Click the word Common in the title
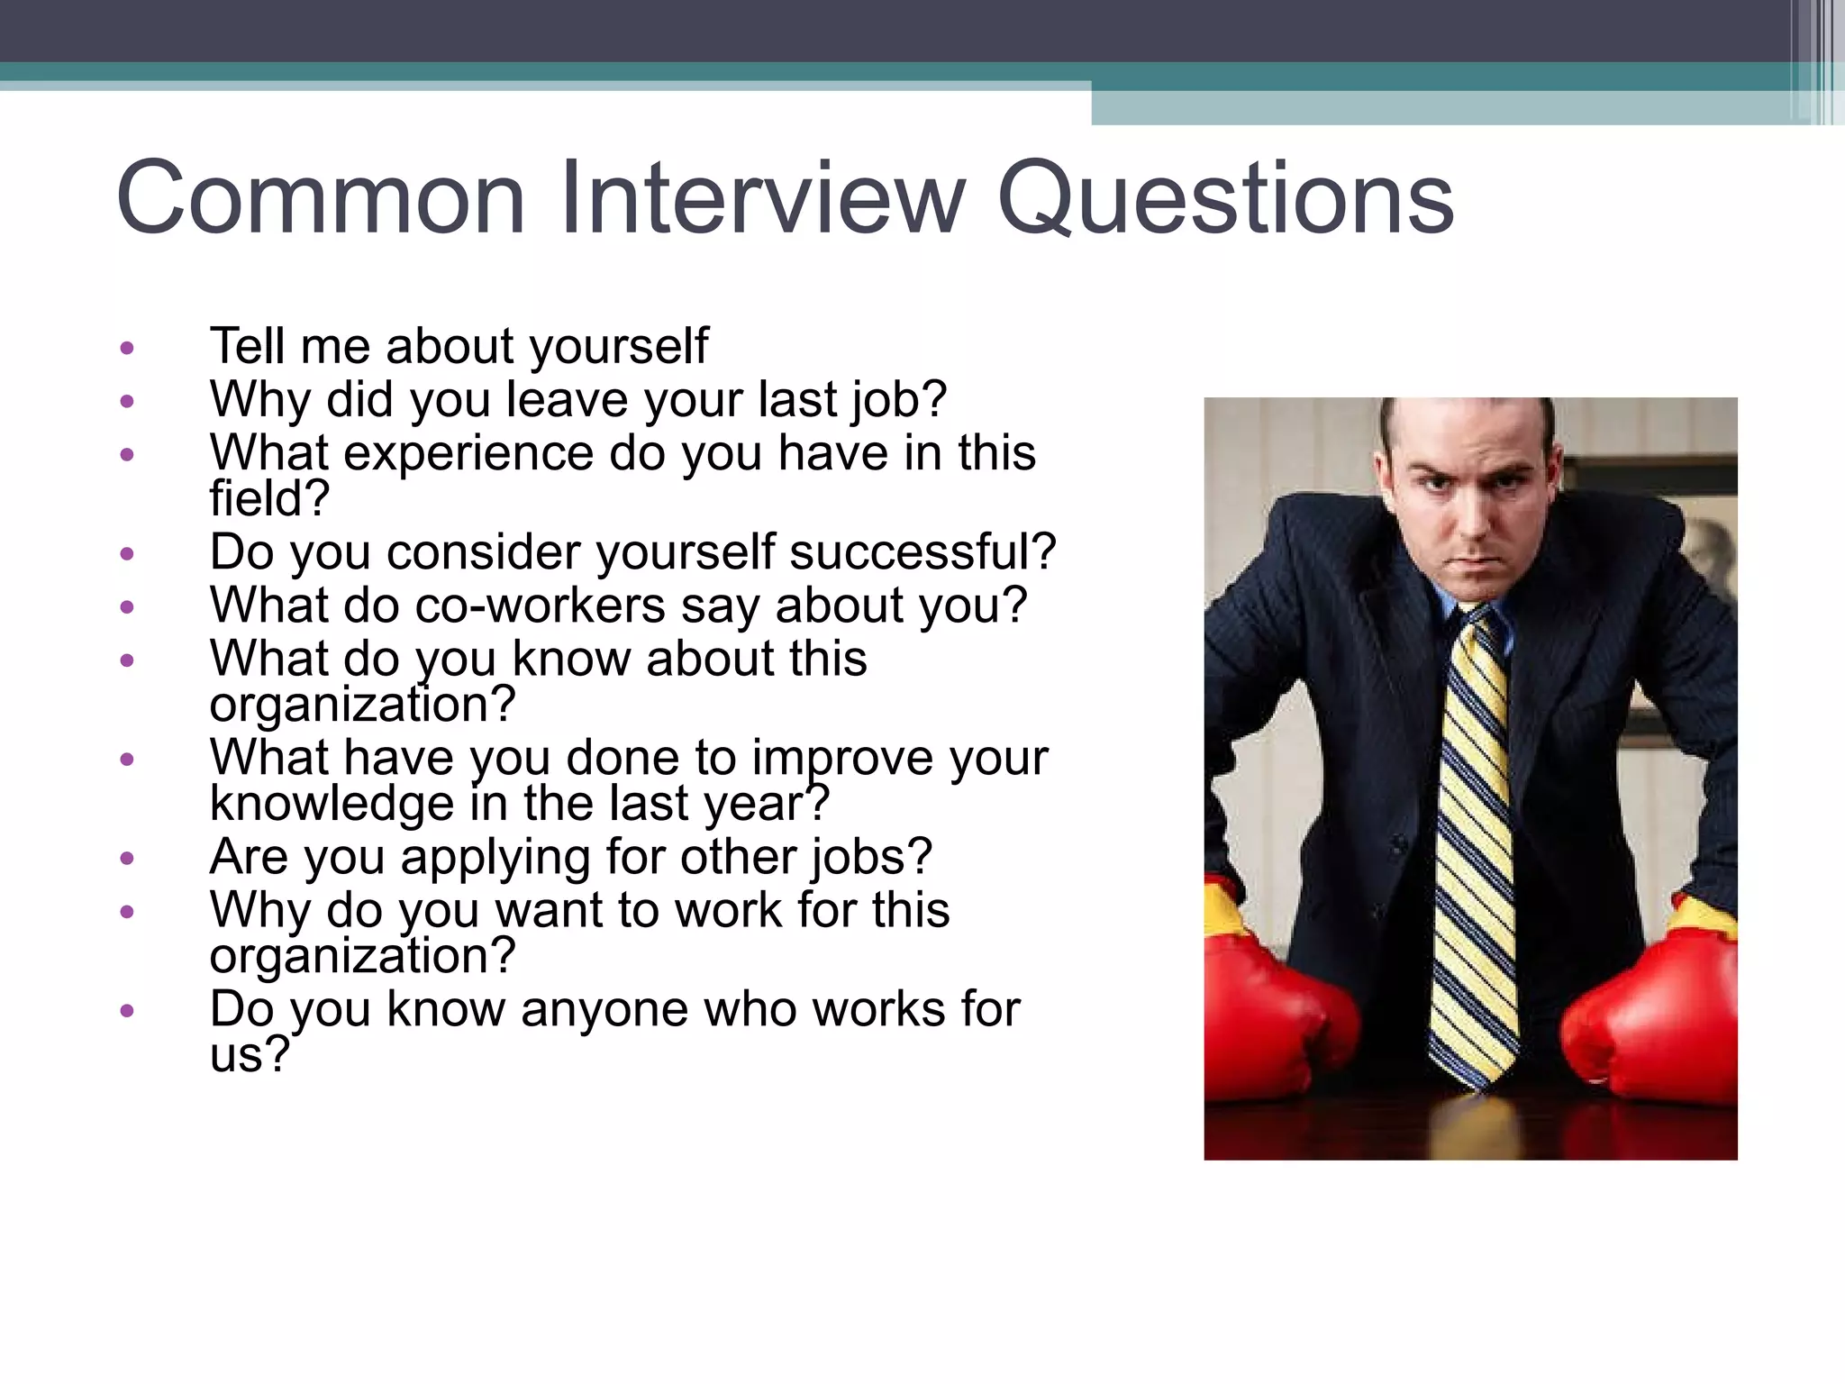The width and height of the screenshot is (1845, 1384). tap(321, 198)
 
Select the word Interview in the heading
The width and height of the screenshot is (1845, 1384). tap(762, 198)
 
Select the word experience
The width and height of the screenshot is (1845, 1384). tap(468, 453)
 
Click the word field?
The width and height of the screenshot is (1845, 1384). tap(269, 498)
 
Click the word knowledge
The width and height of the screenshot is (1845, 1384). tap(332, 804)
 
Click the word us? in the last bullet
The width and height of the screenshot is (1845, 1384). tap(250, 1054)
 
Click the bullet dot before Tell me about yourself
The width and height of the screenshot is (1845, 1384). tap(127, 348)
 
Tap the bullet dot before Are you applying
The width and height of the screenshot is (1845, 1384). tap(127, 858)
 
